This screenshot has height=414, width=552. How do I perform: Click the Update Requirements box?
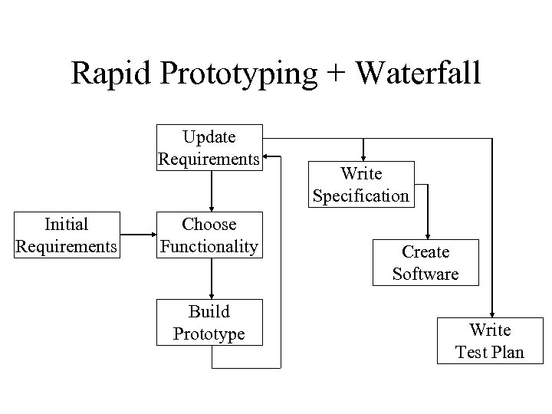click(209, 147)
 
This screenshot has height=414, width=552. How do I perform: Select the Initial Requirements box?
click(67, 235)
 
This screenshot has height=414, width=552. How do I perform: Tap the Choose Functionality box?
click(209, 235)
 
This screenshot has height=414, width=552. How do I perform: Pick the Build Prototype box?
click(209, 322)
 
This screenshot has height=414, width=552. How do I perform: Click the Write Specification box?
click(361, 185)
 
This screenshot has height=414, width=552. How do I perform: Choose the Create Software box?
click(426, 263)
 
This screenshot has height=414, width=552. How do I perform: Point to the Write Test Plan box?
click(490, 341)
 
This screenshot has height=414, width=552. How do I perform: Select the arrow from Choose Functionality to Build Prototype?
click(212, 278)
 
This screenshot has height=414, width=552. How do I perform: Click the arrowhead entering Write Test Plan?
click(491, 313)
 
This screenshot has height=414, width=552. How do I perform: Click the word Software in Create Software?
click(426, 274)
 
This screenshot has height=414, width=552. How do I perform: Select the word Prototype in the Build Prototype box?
click(209, 333)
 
